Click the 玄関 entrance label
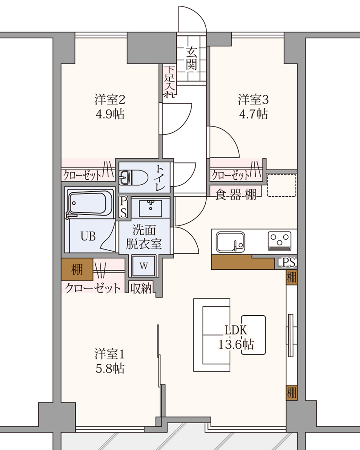tap(191, 59)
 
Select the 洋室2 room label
tap(110, 100)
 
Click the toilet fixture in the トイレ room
tap(133, 178)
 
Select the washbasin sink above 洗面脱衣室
tap(150, 208)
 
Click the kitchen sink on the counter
tap(230, 242)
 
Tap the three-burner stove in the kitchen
tap(279, 241)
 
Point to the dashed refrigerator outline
tap(282, 185)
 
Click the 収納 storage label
tap(141, 289)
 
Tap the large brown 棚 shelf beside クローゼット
tap(77, 269)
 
